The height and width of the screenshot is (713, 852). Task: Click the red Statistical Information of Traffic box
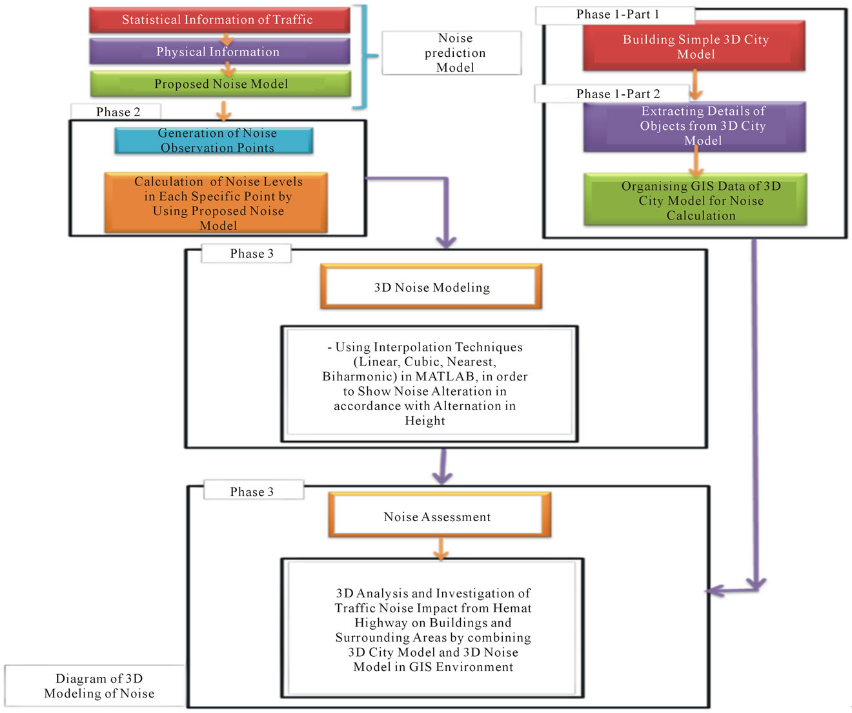pos(219,20)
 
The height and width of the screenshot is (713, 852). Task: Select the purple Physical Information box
pos(219,52)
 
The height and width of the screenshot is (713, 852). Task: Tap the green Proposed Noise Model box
pos(221,84)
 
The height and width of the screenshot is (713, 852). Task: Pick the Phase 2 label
pos(117,112)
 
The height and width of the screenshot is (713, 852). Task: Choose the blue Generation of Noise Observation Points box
pos(214,140)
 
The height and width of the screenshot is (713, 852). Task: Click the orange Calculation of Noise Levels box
pos(216,203)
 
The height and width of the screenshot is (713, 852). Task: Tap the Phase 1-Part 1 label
pos(616,15)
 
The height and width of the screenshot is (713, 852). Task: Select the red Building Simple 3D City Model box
pos(695,46)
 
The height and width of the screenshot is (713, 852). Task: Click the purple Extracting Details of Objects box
pos(695,126)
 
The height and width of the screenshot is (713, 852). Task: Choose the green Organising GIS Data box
pos(695,200)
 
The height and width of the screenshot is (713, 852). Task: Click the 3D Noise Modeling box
pos(431,287)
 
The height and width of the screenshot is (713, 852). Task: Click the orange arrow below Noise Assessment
pos(441,548)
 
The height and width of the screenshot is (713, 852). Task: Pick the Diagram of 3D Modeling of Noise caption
pos(99,686)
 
